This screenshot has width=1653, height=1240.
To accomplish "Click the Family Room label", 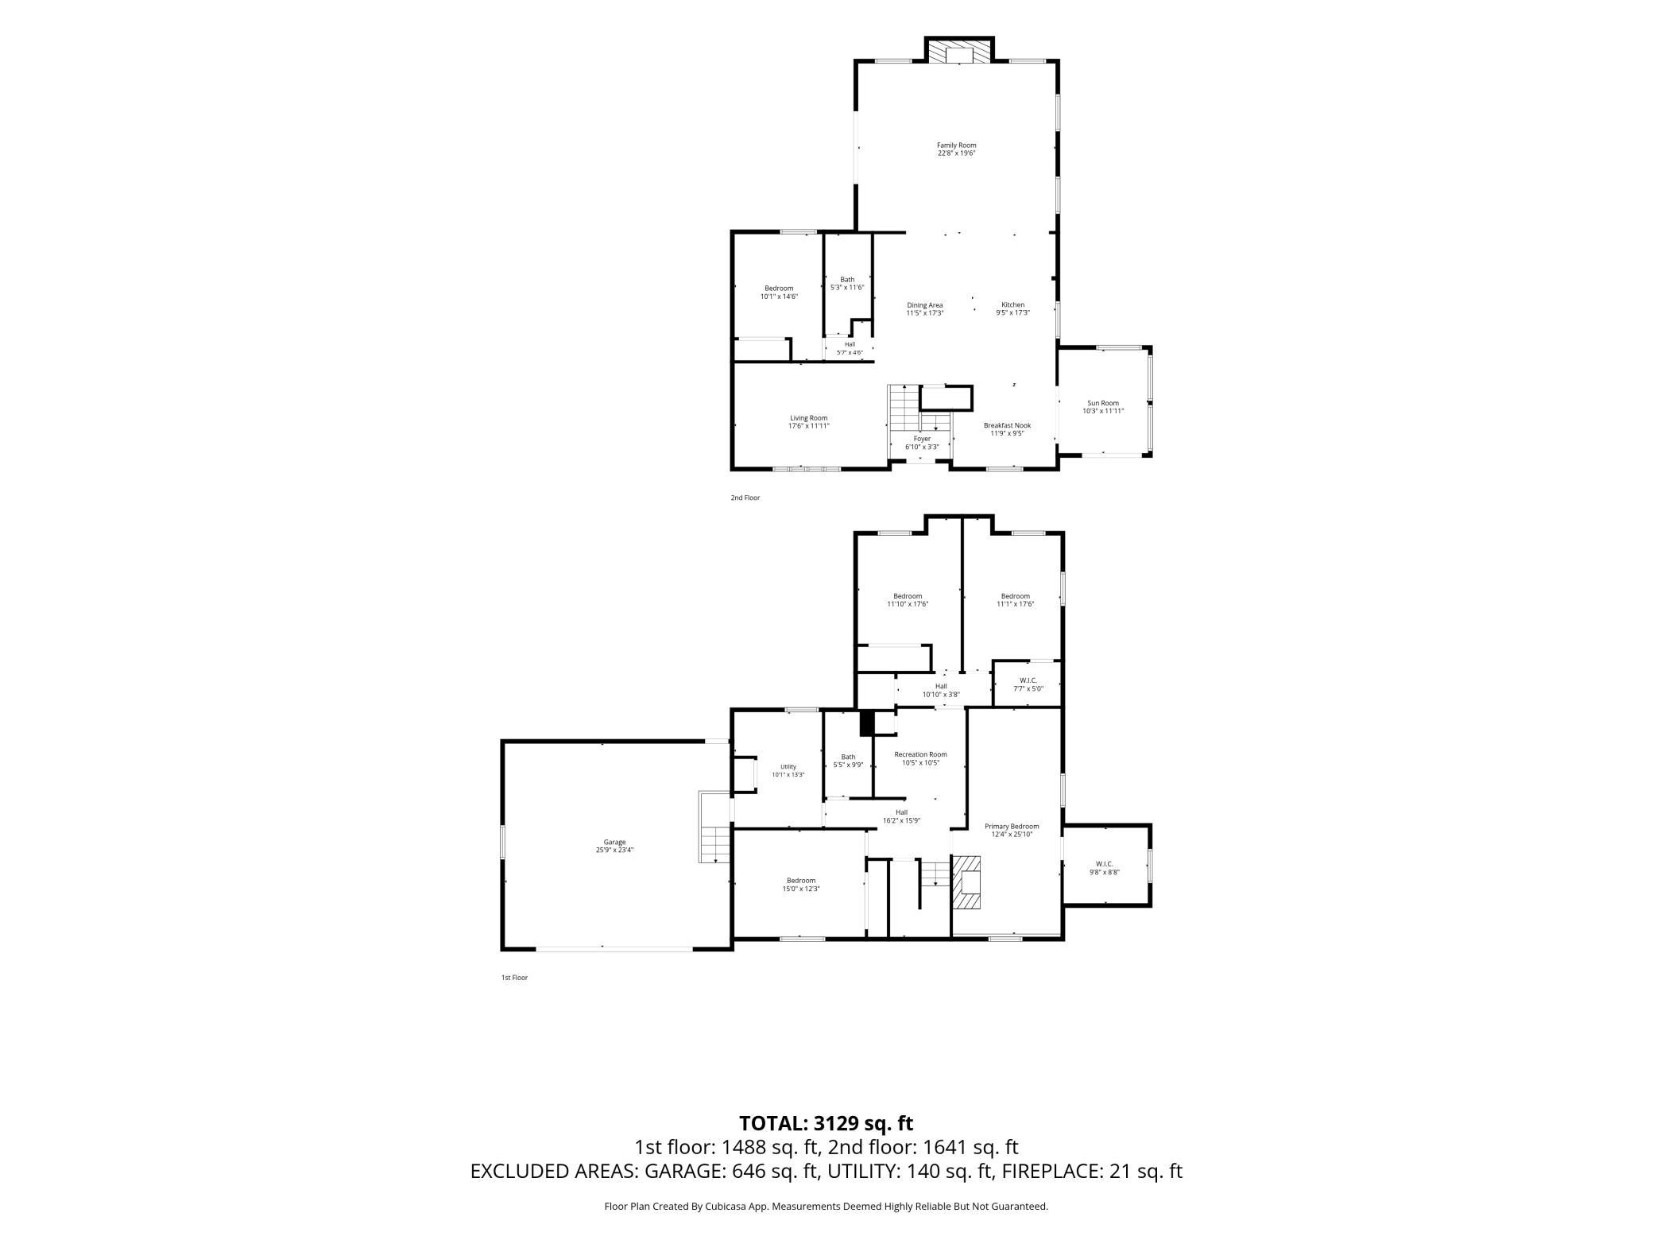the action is [956, 149].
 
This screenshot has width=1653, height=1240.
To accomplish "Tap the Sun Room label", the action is [1103, 407].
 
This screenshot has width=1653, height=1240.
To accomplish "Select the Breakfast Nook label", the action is [1007, 429].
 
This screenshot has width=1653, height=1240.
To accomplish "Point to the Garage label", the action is [614, 846].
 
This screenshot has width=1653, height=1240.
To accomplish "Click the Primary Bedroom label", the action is [1012, 830].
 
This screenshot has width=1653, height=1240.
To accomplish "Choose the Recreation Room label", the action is [920, 758].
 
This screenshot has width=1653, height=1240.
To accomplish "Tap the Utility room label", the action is [788, 770].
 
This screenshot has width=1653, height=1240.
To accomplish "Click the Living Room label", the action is [808, 421].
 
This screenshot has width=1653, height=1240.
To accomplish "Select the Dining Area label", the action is [925, 308].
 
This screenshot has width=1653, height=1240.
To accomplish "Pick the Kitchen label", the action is [1012, 308].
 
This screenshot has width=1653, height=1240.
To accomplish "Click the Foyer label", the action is [922, 443].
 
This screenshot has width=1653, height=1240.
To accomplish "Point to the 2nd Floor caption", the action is [745, 498].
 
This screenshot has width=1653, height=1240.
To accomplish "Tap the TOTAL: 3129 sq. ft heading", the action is [826, 1123].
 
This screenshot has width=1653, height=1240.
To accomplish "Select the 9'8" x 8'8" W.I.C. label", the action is [1104, 868].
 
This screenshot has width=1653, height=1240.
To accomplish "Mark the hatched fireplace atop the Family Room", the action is [959, 52].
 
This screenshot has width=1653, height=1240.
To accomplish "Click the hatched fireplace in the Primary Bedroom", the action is [967, 882].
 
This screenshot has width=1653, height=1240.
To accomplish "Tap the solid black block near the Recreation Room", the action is [867, 723].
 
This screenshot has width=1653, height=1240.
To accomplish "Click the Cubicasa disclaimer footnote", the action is [826, 1206].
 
